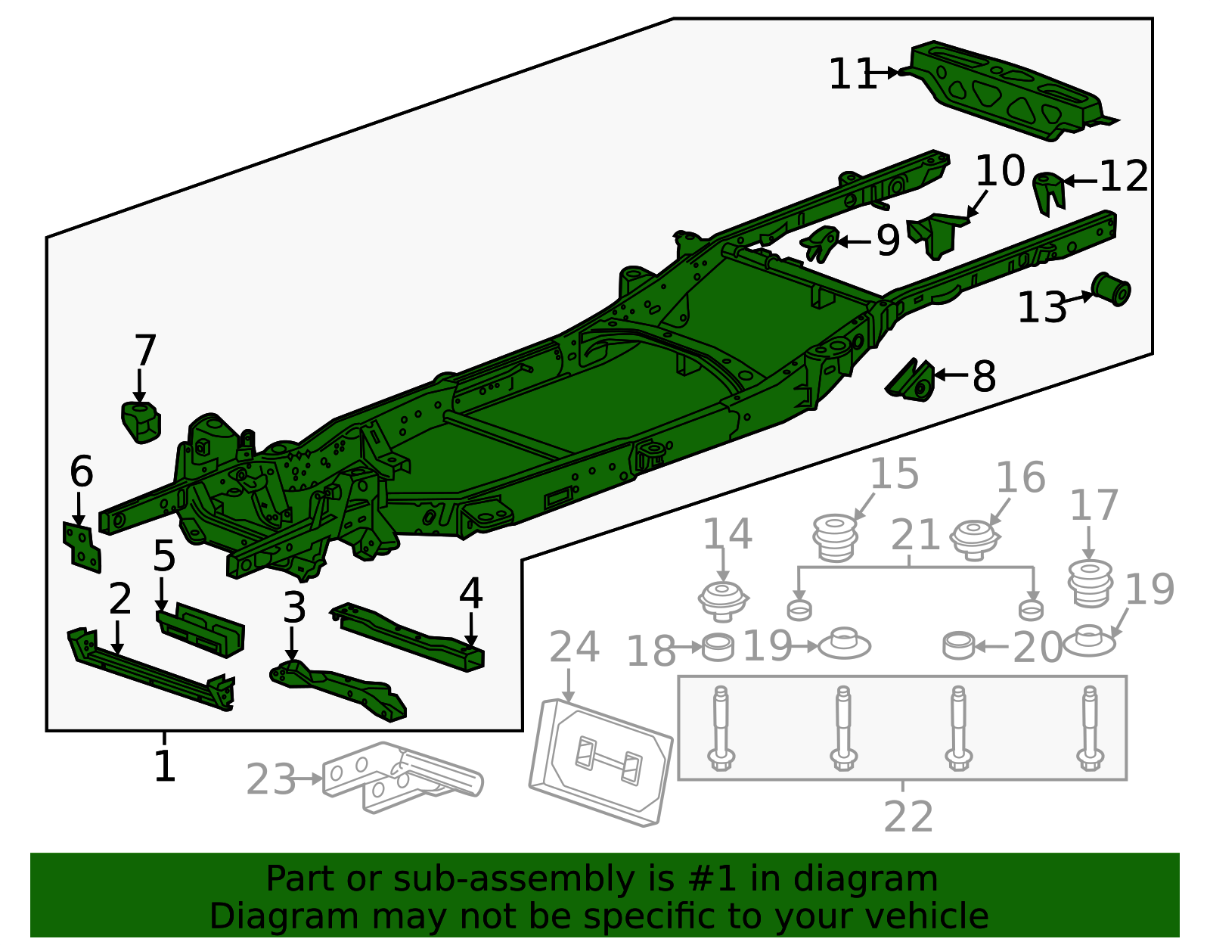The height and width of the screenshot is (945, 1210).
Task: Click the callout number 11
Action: [852, 75]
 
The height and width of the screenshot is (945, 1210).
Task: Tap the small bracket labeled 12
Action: [1050, 191]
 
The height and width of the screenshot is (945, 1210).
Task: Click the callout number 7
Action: [144, 351]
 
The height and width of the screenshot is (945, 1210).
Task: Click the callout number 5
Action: [164, 556]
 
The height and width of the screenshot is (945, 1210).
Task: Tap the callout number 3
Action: [294, 608]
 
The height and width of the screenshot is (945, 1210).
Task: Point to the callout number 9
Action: [888, 241]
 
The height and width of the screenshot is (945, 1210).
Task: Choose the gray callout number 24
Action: [574, 648]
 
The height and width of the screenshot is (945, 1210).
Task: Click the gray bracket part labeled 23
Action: [401, 778]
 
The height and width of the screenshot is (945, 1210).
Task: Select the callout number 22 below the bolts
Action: [908, 817]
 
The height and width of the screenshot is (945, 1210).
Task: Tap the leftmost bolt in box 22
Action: [720, 730]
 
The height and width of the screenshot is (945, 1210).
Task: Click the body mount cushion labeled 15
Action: [835, 537]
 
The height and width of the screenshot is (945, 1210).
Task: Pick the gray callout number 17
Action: [1094, 505]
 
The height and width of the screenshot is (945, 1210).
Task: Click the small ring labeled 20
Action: [959, 645]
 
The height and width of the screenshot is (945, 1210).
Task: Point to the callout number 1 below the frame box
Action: [164, 766]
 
